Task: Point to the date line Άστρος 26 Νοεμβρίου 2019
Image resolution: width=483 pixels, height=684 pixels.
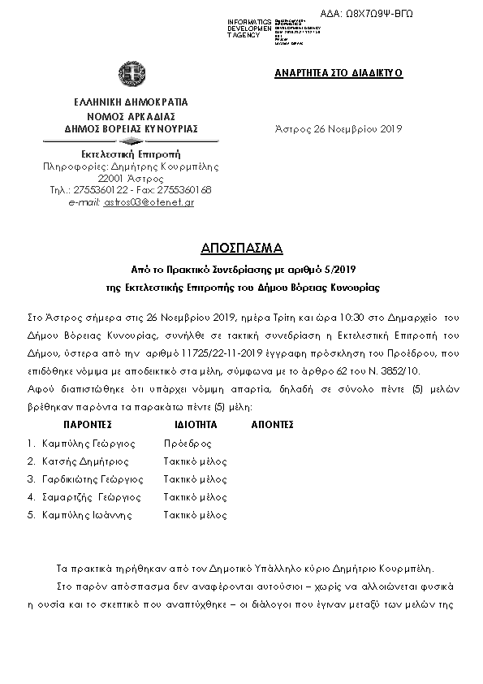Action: [x=339, y=128]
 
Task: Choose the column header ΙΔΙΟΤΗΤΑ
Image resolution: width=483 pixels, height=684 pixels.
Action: [x=195, y=424]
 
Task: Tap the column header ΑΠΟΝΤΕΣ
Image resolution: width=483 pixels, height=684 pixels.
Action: [x=273, y=424]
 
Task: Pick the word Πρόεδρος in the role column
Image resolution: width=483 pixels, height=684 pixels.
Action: [x=188, y=444]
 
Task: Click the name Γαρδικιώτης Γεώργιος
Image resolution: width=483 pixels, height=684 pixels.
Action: [x=92, y=479]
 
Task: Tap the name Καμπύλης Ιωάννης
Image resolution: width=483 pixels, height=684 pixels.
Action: [x=84, y=514]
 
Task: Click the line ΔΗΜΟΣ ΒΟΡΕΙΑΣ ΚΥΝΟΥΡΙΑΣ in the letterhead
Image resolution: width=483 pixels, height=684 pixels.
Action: [x=131, y=128]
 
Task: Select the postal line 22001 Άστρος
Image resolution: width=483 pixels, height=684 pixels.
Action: [x=130, y=177]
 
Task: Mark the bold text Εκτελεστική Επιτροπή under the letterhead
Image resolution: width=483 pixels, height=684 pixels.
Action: [x=131, y=154]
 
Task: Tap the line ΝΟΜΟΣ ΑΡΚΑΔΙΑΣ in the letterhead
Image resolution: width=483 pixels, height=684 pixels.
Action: [x=131, y=116]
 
